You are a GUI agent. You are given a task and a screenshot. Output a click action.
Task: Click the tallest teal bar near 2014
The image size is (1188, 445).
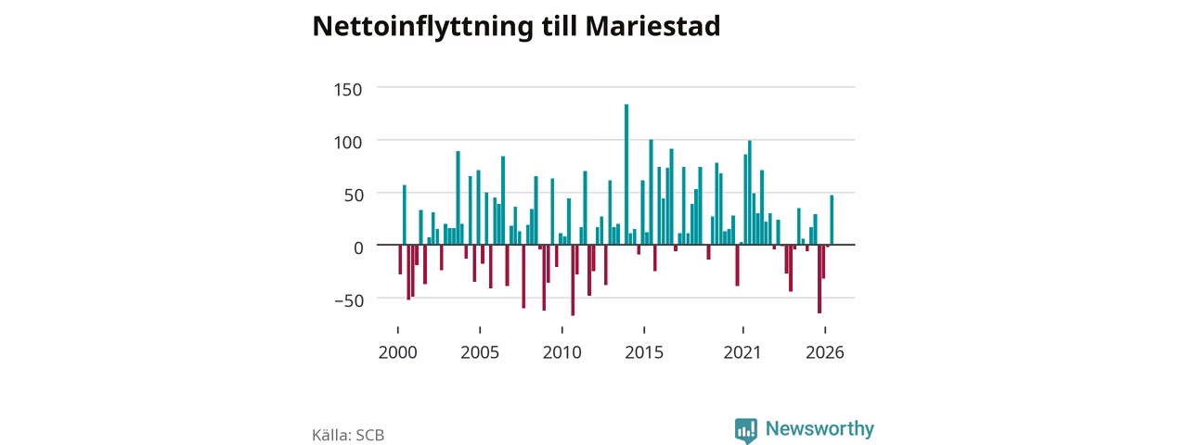point(626,174)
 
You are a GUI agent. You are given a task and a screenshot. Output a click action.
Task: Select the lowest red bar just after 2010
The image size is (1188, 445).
point(573,280)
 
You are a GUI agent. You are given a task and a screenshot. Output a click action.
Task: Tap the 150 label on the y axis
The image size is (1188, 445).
point(348,90)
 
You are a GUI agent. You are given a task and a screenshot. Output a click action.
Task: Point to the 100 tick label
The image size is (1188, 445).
point(348,143)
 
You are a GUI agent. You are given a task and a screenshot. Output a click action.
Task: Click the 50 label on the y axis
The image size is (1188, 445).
point(354,195)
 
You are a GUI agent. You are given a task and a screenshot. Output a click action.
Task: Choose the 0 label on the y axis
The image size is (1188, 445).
point(358,248)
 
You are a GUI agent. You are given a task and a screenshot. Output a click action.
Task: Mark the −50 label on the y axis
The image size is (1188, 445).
point(350,300)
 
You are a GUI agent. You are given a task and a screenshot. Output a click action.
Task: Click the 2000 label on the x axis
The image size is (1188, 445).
point(398,352)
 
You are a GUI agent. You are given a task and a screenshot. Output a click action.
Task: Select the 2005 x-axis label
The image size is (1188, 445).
point(480,352)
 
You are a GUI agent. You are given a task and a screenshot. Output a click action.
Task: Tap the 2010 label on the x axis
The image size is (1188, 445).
point(562,352)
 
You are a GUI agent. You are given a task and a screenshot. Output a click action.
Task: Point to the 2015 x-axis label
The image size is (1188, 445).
point(644,352)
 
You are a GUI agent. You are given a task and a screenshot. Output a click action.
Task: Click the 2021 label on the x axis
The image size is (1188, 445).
point(742,352)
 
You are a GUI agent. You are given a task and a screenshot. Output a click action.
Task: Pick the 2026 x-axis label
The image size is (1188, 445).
point(825,352)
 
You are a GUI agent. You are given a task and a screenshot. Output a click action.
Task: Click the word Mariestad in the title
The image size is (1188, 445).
point(652,25)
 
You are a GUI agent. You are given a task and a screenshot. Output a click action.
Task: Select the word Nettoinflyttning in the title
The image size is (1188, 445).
point(422,27)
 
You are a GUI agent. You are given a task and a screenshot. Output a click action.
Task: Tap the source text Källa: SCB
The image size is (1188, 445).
point(348,435)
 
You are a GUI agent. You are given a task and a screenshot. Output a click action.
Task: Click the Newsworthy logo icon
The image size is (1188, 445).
point(745,430)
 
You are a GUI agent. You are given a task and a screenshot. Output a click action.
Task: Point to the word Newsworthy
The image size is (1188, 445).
point(820,428)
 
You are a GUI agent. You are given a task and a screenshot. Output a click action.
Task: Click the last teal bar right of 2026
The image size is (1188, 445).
point(832,220)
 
